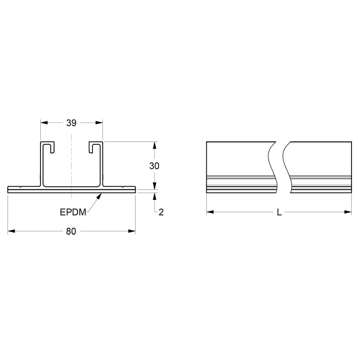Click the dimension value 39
pos(71,123)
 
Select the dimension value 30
pos(154,166)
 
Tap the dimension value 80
pos(71,231)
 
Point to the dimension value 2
pos(161,212)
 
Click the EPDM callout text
pos(73,212)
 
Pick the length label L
pos(279,212)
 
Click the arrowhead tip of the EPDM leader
pos(100,194)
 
